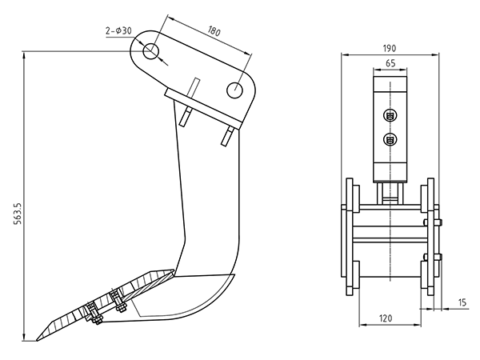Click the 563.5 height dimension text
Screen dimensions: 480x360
pyautogui.click(x=18, y=214)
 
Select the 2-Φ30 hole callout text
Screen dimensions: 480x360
pyautogui.click(x=118, y=30)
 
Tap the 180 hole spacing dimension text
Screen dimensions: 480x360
pyautogui.click(x=214, y=30)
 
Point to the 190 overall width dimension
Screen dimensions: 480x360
pyautogui.click(x=390, y=48)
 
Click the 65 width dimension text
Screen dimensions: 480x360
pyautogui.click(x=390, y=63)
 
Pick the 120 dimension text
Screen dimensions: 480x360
pyautogui.click(x=386, y=318)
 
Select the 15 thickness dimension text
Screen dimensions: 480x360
pyautogui.click(x=462, y=302)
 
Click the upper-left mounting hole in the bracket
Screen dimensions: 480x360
pyautogui.click(x=150, y=51)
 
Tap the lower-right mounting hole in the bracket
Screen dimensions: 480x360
pyautogui.click(x=234, y=90)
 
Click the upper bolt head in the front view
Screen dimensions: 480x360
pyautogui.click(x=390, y=115)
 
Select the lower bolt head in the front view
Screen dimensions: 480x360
pyautogui.click(x=390, y=140)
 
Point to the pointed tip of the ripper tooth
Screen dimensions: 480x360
pyautogui.click(x=37, y=340)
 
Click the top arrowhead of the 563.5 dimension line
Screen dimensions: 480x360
pyautogui.click(x=24, y=56)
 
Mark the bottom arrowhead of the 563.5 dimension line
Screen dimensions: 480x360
pyautogui.click(x=24, y=336)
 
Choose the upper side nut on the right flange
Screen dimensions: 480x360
pyautogui.click(x=439, y=222)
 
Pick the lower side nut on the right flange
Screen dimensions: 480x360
pyautogui.click(x=439, y=257)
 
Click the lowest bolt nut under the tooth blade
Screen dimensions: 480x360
pyautogui.click(x=98, y=321)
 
